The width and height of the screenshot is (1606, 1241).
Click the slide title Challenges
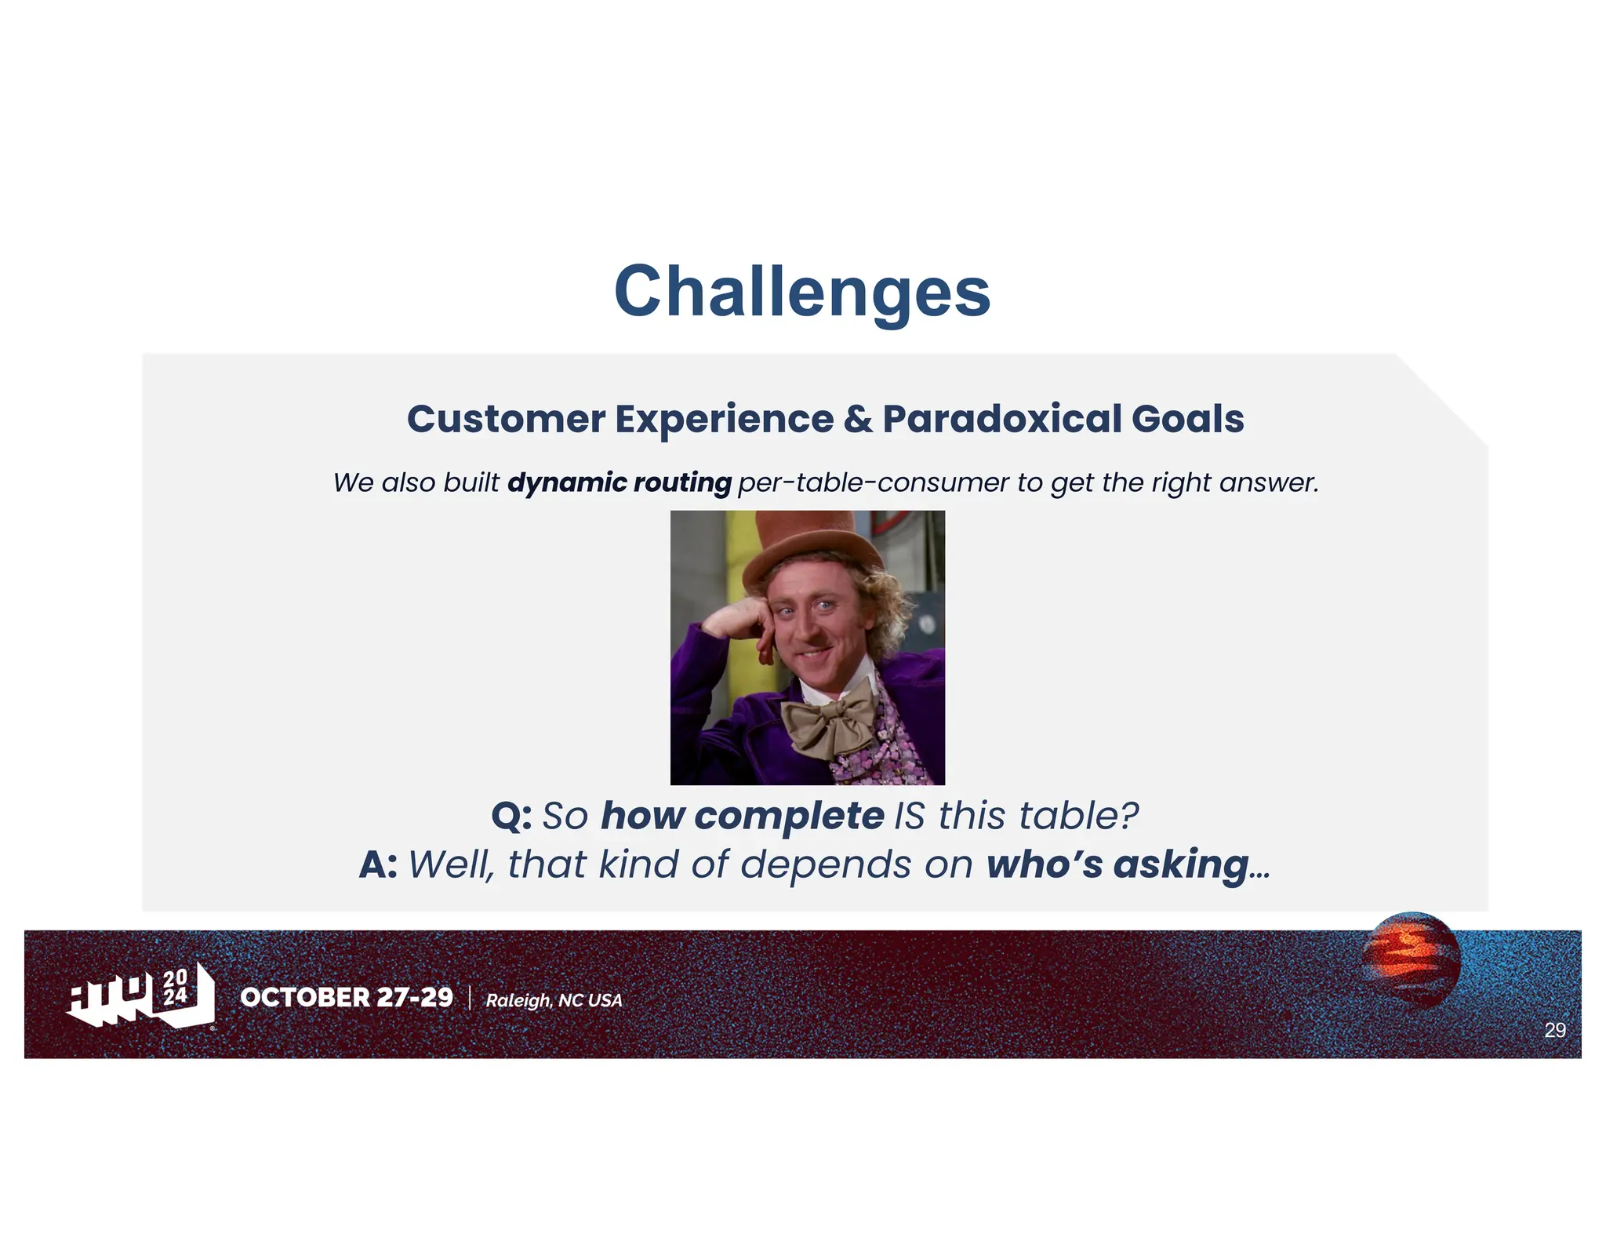pos(802,291)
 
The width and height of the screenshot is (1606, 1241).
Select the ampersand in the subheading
pos(859,419)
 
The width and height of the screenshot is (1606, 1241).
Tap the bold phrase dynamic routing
pos(619,482)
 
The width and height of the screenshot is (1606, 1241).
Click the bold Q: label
pos(511,816)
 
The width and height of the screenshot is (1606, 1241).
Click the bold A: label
pos(378,864)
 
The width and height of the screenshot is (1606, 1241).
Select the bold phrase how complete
pos(742,816)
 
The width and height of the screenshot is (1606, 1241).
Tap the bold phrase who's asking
pos(1117,864)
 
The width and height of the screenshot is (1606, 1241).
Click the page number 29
pos(1554,1030)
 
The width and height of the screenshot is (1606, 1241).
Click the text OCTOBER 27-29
pos(346,997)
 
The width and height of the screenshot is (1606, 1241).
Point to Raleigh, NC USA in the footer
pos(554,1000)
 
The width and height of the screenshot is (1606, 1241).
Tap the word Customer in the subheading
pos(506,419)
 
